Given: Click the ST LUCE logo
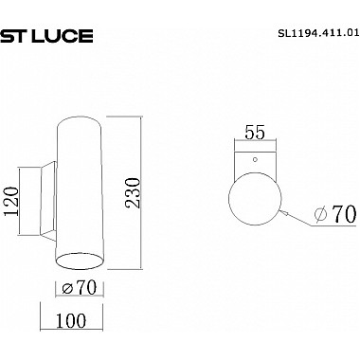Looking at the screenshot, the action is (x=46, y=36).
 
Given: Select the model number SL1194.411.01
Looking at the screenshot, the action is (x=318, y=32).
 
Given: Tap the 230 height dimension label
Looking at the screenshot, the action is (x=133, y=193).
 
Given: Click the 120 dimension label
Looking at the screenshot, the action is (x=12, y=202).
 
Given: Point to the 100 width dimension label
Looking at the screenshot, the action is (x=71, y=320).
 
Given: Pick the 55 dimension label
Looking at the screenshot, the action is (x=255, y=133).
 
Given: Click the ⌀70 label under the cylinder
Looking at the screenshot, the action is (x=79, y=287).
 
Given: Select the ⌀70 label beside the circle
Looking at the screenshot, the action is (x=335, y=215).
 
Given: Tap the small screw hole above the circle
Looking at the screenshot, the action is (x=256, y=160).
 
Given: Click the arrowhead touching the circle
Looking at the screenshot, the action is (x=284, y=213).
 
